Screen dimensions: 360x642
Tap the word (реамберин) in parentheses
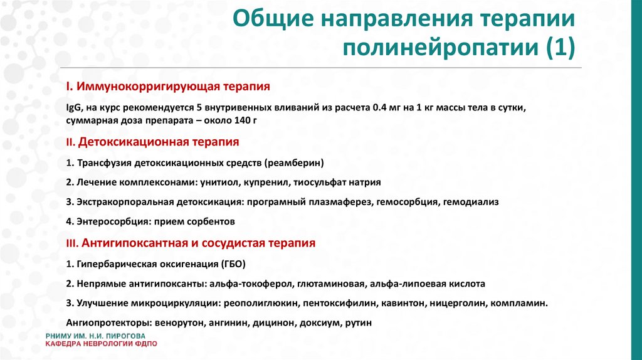click(294, 163)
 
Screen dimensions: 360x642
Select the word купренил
click(268, 183)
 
